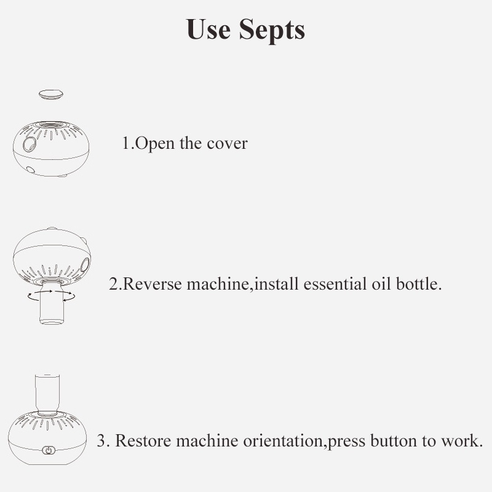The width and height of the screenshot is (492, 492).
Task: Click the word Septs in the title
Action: [272, 30]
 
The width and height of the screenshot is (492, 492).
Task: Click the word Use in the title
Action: [208, 29]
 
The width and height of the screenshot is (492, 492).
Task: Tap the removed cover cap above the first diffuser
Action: [51, 94]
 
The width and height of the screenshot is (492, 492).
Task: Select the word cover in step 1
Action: [227, 144]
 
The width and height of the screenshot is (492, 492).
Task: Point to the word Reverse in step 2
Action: [152, 284]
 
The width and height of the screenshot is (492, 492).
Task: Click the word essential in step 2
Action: [335, 284]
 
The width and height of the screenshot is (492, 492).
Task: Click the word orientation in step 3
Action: [283, 440]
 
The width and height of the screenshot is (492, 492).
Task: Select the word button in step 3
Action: [394, 440]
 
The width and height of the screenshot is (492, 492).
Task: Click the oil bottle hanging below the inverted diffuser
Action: [52, 303]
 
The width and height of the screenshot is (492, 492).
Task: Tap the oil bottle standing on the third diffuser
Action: [47, 394]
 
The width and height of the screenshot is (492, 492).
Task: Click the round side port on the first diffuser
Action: [29, 144]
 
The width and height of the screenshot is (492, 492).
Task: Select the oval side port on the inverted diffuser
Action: [85, 265]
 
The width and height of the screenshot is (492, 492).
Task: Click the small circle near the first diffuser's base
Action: [30, 170]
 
